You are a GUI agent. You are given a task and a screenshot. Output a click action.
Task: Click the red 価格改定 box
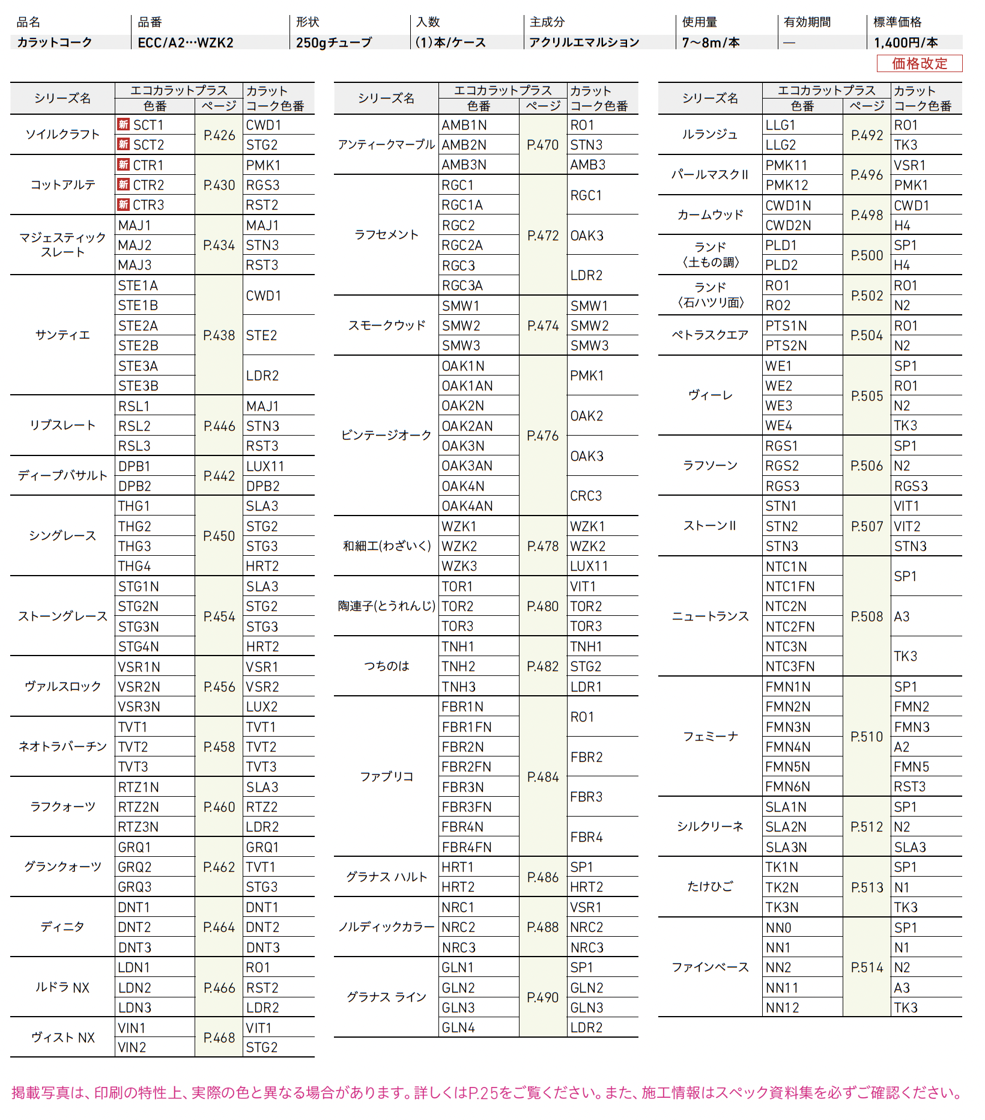coord(919,64)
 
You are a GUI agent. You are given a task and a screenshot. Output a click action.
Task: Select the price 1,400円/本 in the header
coord(906,43)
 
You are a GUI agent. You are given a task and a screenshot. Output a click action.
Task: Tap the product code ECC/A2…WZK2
coord(186,43)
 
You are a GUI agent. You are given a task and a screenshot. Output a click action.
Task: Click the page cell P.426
coord(219,135)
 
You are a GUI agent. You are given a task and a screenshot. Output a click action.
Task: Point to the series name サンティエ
coord(62,335)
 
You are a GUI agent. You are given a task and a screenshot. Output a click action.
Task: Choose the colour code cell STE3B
coord(138,386)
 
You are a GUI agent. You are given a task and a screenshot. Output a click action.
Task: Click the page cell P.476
coord(543,436)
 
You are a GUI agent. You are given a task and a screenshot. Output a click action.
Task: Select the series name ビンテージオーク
coord(386,436)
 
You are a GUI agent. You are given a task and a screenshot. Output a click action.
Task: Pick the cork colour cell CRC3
coord(586,496)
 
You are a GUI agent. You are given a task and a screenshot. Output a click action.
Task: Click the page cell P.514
coord(867,967)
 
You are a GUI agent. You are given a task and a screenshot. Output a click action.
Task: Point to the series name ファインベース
coord(710,967)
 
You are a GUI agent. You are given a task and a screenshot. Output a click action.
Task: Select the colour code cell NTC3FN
coord(790,666)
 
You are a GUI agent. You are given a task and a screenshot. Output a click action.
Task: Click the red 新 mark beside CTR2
coord(124,184)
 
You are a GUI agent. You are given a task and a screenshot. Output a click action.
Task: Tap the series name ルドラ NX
coord(62,988)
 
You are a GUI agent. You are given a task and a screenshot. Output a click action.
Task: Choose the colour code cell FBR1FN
coord(467,727)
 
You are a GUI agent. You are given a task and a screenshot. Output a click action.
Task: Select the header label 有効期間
coord(807,22)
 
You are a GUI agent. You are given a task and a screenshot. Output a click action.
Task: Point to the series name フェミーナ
coord(710,737)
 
